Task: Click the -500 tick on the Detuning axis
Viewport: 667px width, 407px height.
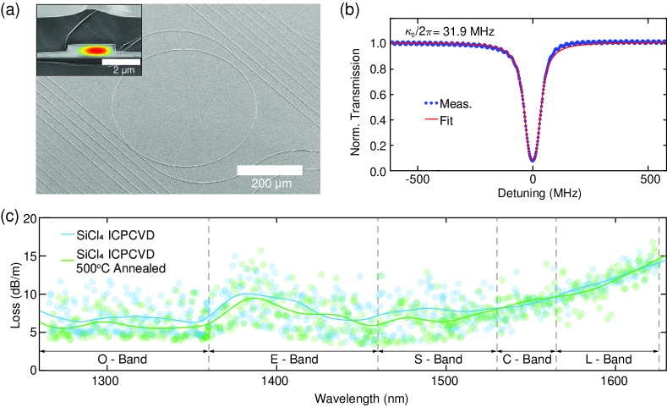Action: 413,183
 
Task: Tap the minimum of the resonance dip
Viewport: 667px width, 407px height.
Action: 532,159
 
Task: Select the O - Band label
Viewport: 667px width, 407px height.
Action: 123,360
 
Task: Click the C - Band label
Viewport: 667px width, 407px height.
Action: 526,360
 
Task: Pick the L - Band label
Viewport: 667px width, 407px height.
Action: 608,360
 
